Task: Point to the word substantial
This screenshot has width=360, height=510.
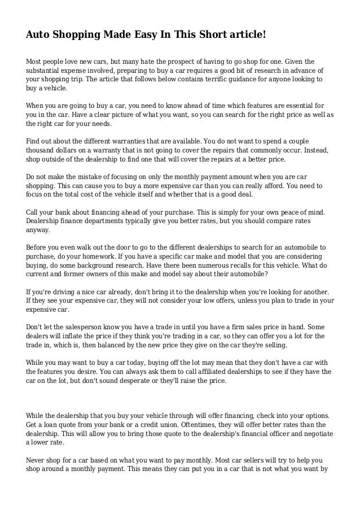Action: (45, 71)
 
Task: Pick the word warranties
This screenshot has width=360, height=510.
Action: (126, 141)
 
